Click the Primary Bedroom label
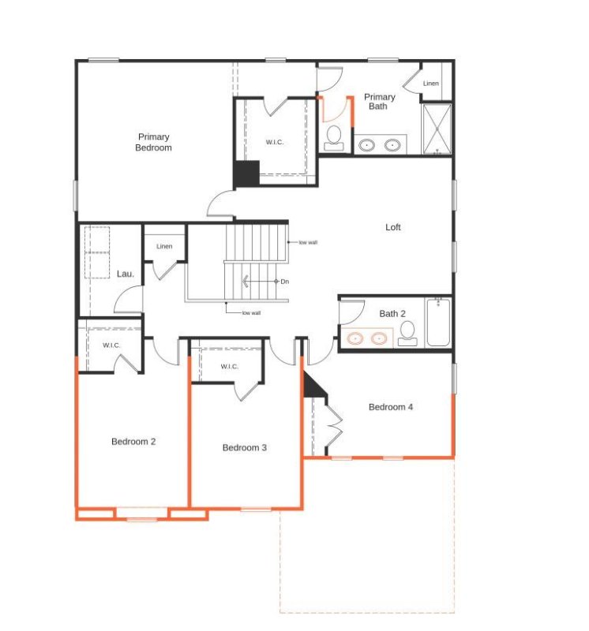tap(153, 142)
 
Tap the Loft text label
tap(392, 227)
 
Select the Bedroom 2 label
tap(133, 442)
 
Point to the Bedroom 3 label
tap(244, 447)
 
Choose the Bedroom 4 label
tap(391, 407)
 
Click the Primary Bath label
tap(379, 102)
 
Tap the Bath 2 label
tap(392, 313)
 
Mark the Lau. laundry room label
tap(125, 274)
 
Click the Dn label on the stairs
tap(284, 282)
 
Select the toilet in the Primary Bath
tap(333, 137)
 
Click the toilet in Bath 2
tap(407, 336)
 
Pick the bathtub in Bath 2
tap(438, 323)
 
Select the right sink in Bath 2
tap(380, 338)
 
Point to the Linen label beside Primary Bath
tap(430, 84)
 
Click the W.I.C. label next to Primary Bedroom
tap(275, 142)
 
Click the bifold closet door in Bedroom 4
tap(335, 426)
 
